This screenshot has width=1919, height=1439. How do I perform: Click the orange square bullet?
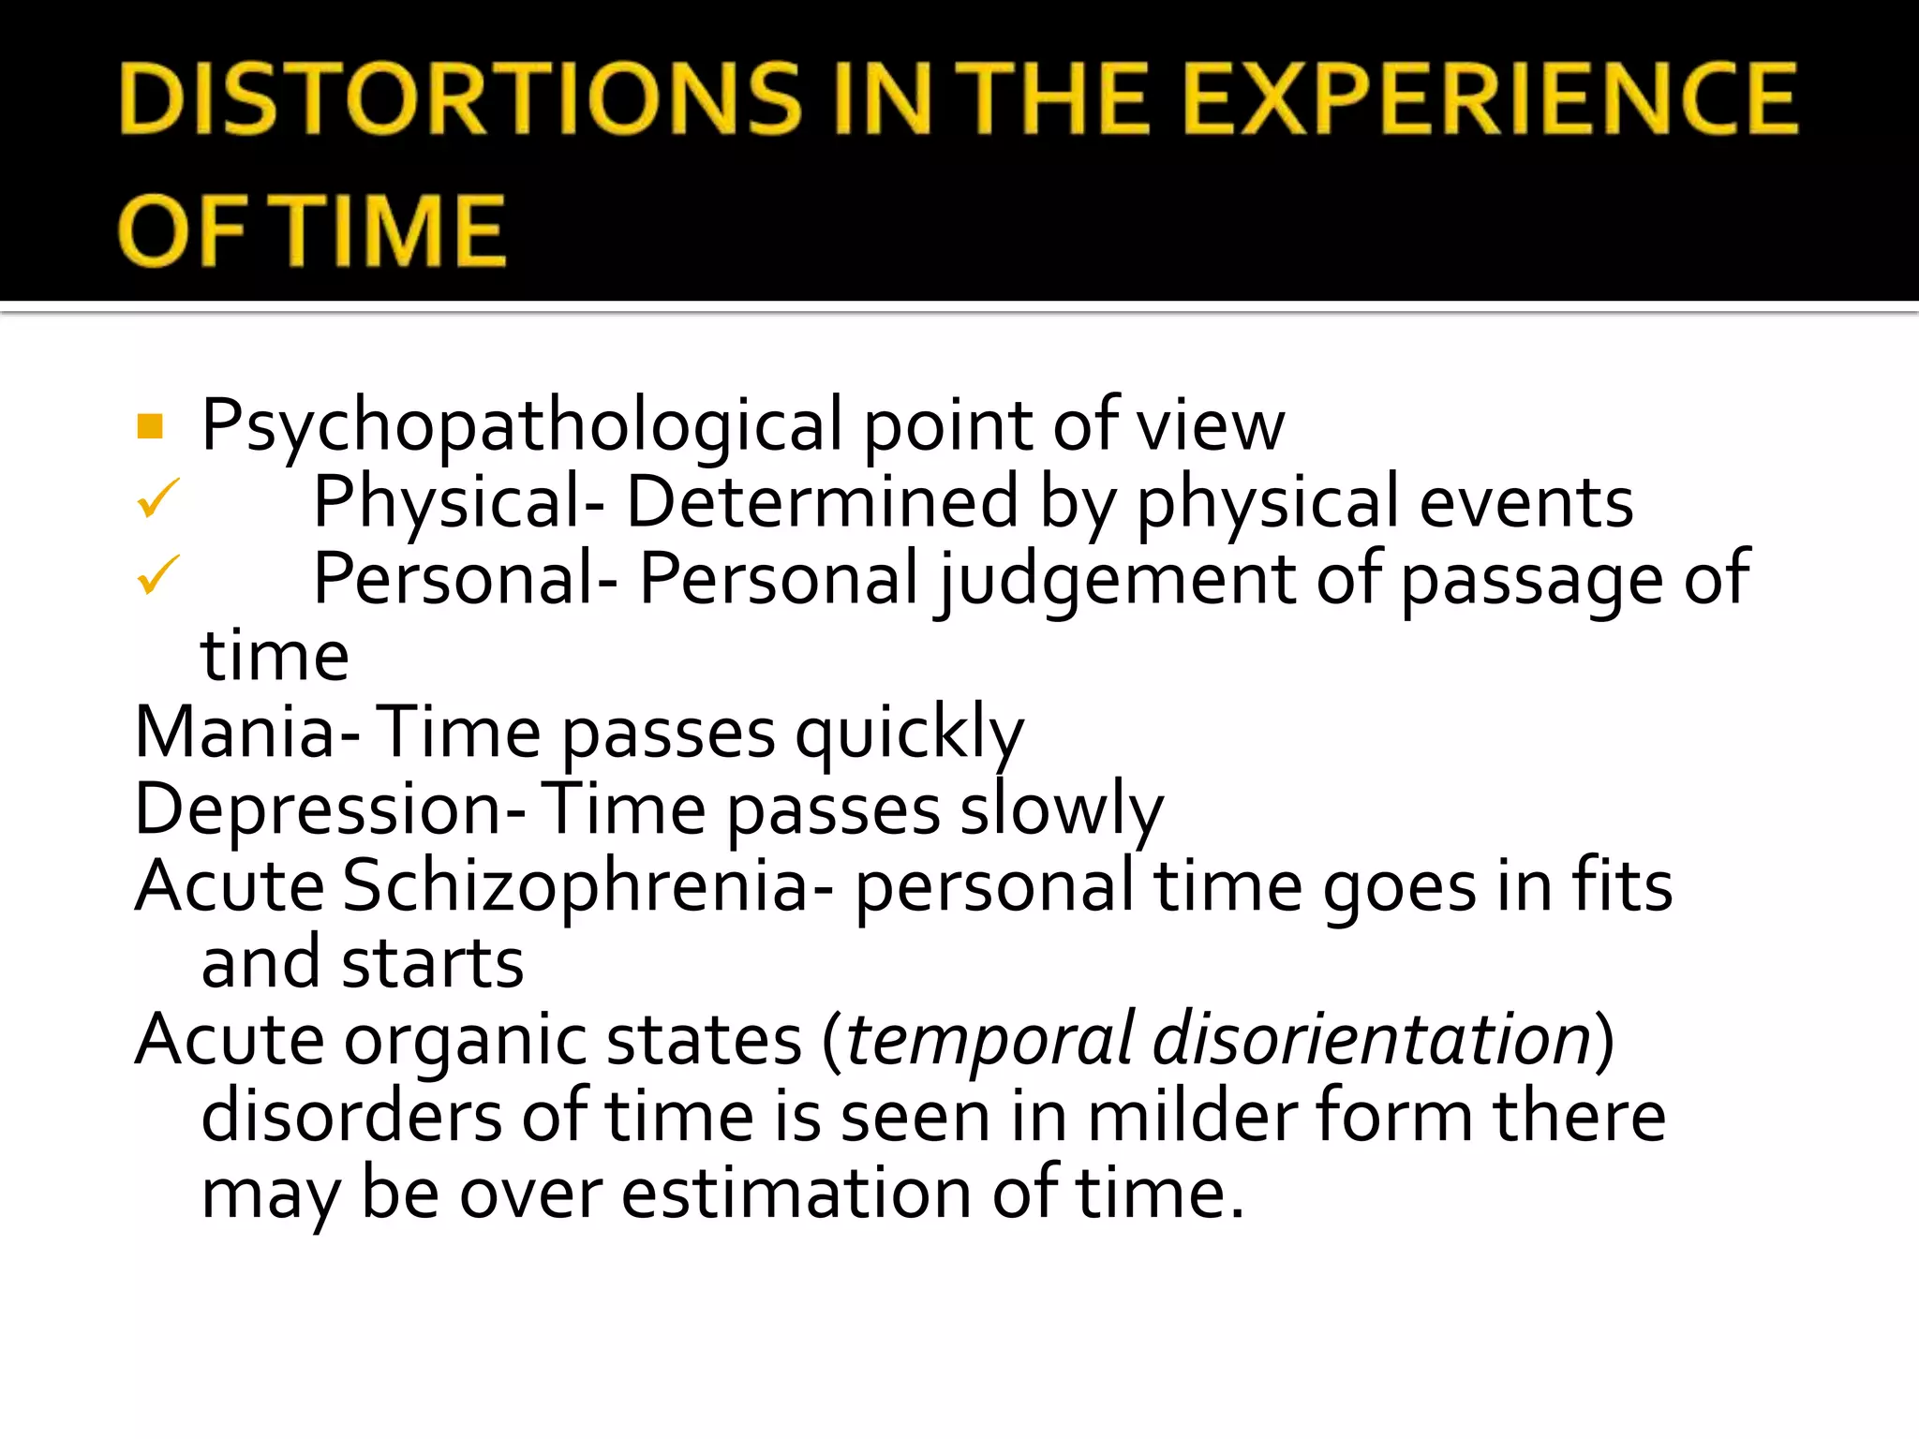[150, 426]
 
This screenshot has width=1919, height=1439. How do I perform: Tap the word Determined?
[822, 503]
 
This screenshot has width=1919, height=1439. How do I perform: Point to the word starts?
[432, 965]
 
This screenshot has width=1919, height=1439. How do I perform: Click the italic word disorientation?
[1372, 1040]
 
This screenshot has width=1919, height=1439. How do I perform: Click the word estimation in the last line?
[796, 1194]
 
